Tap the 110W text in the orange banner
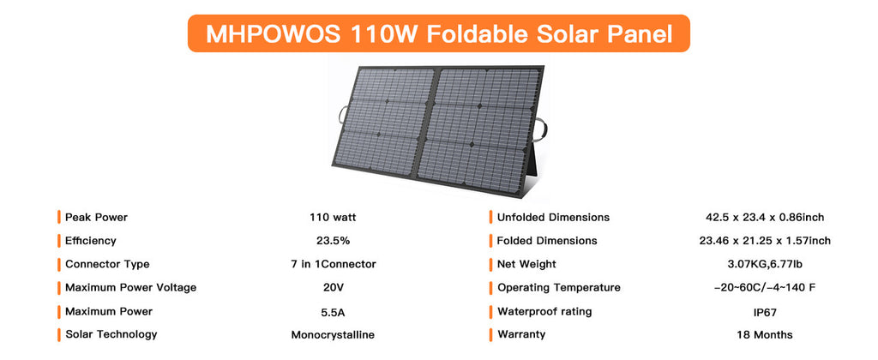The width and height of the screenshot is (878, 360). coord(385,34)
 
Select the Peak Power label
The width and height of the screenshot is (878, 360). coord(96,217)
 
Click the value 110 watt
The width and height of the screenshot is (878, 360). coord(333,217)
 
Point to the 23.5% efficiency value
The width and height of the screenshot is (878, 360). coord(333,241)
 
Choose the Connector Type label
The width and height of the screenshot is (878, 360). coord(107,264)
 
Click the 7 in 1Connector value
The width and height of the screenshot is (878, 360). coord(333,264)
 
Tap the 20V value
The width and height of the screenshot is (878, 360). coord(333,288)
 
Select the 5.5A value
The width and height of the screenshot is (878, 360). coord(333,312)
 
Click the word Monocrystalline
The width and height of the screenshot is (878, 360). coord(333,335)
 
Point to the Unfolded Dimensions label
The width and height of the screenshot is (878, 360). coord(553,217)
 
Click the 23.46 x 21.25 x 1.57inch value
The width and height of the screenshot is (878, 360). coord(765,241)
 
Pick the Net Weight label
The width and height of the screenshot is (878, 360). coord(527,264)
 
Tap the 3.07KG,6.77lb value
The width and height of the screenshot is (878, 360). coord(765,264)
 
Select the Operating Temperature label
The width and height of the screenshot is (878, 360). coord(559,288)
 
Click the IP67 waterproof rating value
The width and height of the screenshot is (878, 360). coord(765,312)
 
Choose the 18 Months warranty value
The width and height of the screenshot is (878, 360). coord(765,335)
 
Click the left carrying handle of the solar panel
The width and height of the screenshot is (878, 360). coord(342,115)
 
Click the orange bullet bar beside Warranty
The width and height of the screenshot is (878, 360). coord(490,335)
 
